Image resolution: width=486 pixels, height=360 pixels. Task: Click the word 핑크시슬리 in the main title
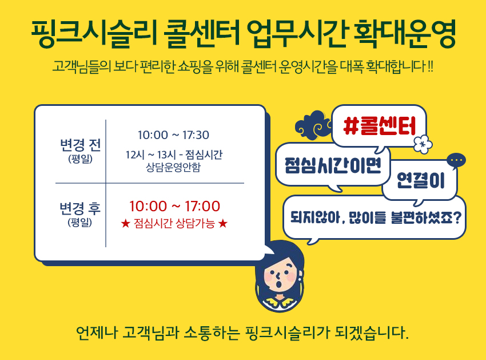[x=93, y=34]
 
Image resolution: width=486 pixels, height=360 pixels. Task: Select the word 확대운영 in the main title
[x=404, y=34]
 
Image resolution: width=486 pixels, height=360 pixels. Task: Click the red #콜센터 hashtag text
[x=379, y=126]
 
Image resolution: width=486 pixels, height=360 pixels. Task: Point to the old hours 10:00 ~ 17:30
[x=173, y=135]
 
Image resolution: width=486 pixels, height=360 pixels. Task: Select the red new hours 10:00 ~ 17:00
[x=174, y=206]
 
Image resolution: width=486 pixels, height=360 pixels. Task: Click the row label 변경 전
[x=80, y=145]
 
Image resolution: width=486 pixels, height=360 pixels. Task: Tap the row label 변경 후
[x=80, y=208]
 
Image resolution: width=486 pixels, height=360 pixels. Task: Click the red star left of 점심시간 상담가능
[x=125, y=223]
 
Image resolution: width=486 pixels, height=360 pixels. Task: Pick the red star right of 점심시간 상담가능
[x=223, y=223]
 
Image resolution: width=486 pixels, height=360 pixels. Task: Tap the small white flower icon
[x=423, y=144]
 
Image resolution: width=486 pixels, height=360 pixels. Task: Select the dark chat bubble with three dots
[x=456, y=161]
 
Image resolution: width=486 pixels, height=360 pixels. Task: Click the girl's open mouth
[x=278, y=284]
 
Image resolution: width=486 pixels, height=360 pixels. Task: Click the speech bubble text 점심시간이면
[x=333, y=165]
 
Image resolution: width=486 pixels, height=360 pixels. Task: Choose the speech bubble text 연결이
[x=421, y=181]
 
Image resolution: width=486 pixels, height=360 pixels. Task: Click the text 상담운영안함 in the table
[x=173, y=167]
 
